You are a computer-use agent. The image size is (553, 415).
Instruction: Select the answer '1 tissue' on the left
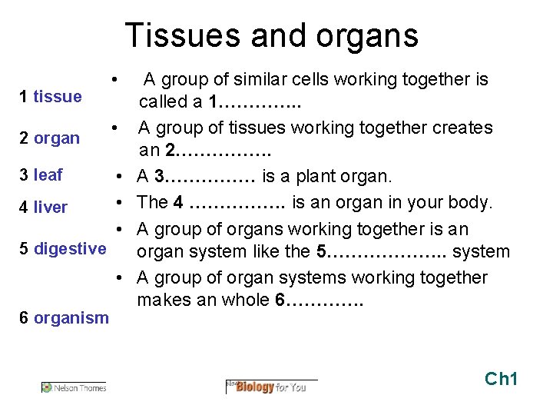tap(51, 96)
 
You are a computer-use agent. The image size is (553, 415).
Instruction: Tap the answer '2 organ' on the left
tap(50, 138)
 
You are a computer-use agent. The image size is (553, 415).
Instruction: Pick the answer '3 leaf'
tap(41, 174)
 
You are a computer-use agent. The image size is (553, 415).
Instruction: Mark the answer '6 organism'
tap(65, 317)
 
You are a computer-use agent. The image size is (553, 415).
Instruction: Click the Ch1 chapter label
tap(502, 378)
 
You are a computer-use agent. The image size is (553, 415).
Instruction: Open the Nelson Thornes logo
tap(74, 387)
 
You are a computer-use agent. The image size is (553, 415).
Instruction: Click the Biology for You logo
tap(270, 386)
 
